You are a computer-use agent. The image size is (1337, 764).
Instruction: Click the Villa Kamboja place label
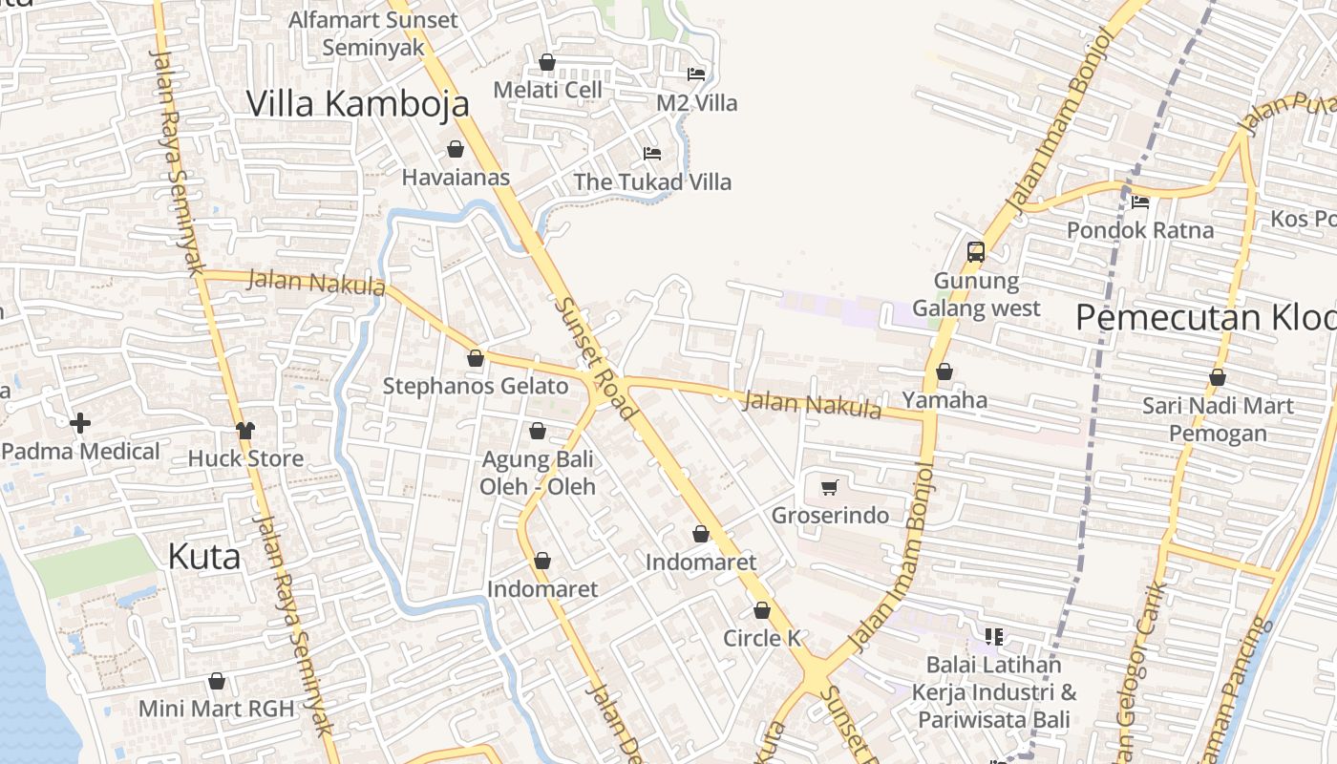click(358, 103)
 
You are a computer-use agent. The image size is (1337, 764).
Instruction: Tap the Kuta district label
click(203, 556)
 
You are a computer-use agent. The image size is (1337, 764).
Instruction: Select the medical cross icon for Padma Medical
click(80, 422)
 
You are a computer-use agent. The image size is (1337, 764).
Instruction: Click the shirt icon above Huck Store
click(245, 430)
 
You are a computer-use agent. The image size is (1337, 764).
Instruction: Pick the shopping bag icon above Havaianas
click(456, 149)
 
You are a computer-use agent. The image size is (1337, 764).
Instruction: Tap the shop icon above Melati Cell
click(547, 62)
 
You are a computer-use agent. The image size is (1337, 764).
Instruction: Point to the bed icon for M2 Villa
click(696, 74)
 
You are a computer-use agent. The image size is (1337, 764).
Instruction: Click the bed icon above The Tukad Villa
click(652, 153)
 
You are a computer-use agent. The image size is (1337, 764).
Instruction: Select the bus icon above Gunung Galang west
click(975, 252)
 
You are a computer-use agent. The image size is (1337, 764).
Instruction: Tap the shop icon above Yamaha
click(944, 371)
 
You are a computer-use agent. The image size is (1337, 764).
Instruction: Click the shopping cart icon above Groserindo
click(829, 488)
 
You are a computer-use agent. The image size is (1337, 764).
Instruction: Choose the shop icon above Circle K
click(762, 610)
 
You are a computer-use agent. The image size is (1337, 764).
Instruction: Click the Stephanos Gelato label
click(476, 387)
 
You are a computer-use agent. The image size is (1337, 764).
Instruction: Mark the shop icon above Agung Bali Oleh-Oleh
click(538, 431)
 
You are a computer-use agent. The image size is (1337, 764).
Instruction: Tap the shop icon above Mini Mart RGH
click(217, 681)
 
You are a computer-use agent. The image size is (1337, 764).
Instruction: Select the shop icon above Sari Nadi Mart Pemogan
click(1218, 377)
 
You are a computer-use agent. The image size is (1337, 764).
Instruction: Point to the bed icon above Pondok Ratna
click(1140, 202)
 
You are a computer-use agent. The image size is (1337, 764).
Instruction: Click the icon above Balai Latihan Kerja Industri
click(993, 636)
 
